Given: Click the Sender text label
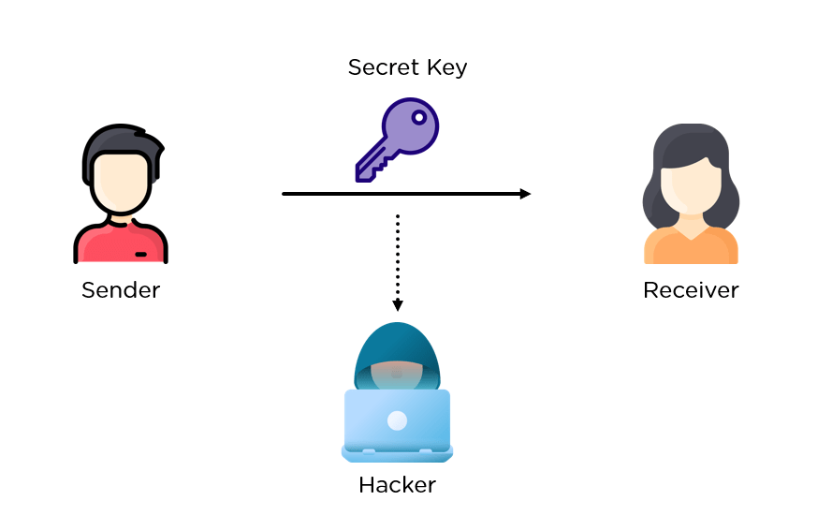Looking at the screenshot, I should (121, 290).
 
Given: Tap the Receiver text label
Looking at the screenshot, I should (691, 290).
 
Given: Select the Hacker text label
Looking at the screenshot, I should (397, 485).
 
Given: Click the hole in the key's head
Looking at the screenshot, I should (419, 119).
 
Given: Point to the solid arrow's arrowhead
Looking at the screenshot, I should (525, 194).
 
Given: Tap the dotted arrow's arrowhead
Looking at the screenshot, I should (397, 305).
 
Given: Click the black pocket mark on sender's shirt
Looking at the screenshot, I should (140, 254).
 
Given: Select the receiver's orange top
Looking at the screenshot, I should (691, 247).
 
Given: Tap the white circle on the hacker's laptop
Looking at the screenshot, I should (397, 420).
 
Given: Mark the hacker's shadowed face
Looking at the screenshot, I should (397, 375).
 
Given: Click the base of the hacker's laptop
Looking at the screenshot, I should (397, 454).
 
